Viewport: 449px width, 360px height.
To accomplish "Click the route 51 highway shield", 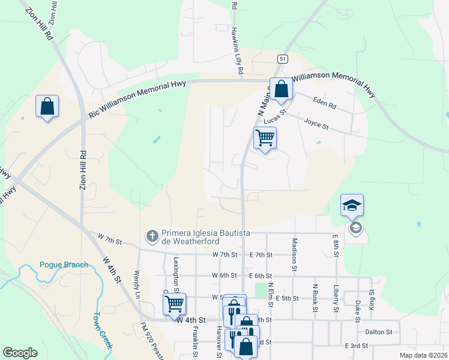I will pos(282,58).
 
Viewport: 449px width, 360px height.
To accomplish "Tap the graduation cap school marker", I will pos(351,206).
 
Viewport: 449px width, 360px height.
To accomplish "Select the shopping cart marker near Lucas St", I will pos(264,139).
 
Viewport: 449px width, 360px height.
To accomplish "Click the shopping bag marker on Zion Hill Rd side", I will pos(47,107).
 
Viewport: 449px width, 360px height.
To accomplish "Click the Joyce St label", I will pos(316,124).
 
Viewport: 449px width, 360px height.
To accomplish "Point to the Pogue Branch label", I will pos(64,265).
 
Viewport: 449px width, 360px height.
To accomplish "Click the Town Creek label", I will pos(102,330).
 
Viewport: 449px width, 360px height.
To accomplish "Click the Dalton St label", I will pos(378,331).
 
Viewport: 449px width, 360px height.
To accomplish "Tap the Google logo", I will pos(20,353).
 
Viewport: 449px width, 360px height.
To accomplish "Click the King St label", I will pos(372,298).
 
